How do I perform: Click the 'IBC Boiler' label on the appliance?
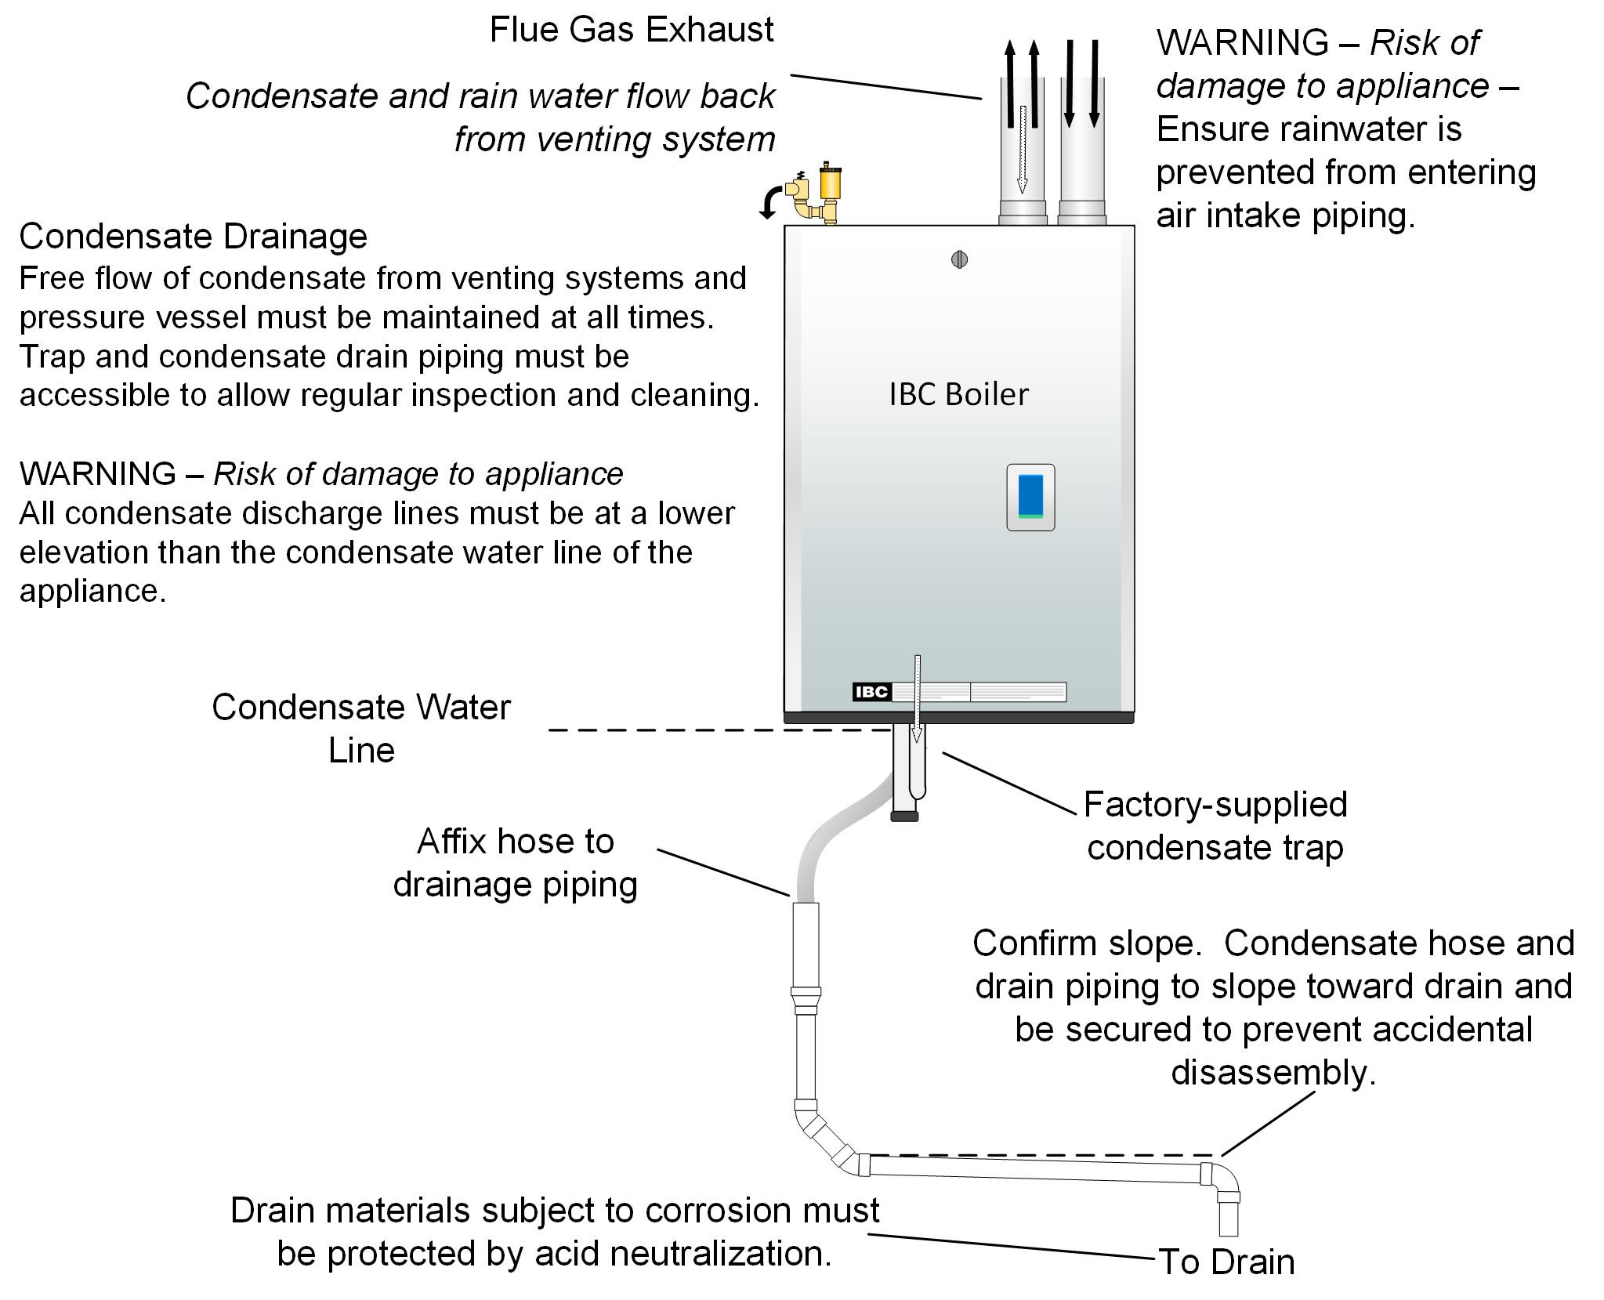click(958, 394)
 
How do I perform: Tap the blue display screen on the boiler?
click(1030, 495)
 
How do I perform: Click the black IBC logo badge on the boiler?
click(871, 692)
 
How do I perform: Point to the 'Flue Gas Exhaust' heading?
click(632, 30)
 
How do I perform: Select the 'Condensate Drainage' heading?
click(193, 236)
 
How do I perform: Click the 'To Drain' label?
click(1226, 1262)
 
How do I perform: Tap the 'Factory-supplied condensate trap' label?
click(1215, 826)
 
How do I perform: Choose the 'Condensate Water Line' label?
click(361, 729)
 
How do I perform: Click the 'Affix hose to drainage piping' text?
click(515, 863)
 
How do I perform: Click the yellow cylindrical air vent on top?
click(829, 183)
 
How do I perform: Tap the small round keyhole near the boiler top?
click(959, 259)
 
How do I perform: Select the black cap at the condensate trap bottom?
click(904, 816)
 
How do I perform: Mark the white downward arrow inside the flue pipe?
click(1022, 149)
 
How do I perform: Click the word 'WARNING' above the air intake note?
click(1242, 42)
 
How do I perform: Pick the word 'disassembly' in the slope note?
click(1273, 1072)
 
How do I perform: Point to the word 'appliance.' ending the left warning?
click(92, 591)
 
